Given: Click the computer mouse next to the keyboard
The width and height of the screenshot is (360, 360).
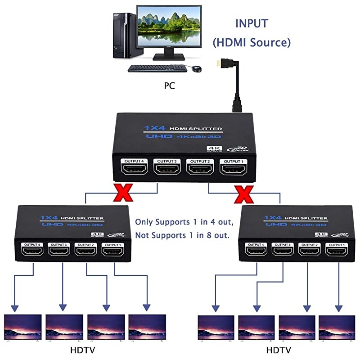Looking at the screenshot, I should pyautogui.click(x=196, y=69).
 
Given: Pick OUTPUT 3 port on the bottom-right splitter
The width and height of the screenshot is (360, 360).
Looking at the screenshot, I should pyautogui.click(x=283, y=250).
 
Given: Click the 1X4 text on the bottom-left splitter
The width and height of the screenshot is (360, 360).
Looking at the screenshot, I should pyautogui.click(x=49, y=217).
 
